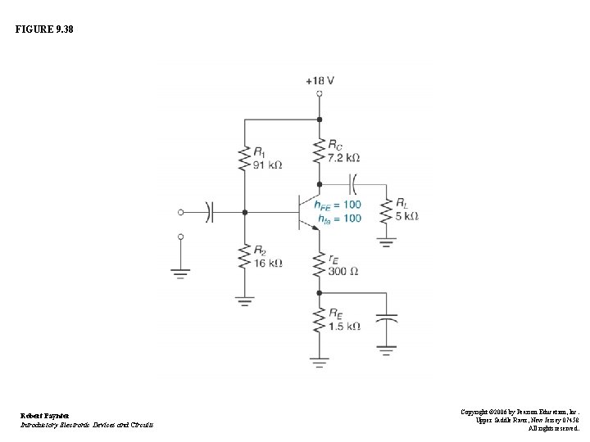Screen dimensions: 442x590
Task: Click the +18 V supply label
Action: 320,80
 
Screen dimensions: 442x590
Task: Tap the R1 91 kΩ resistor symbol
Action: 244,158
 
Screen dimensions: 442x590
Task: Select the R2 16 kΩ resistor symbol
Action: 244,258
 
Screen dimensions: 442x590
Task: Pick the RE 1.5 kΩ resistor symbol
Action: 320,321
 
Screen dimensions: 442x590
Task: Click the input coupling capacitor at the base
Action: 209,211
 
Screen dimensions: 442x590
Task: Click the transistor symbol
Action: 306,211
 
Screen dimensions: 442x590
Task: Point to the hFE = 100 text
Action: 340,204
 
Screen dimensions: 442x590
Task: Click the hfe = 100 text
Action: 340,218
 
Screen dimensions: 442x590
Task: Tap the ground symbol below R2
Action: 244,300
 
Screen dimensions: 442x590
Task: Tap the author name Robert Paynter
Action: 46,416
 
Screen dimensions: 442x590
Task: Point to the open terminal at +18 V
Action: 320,93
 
